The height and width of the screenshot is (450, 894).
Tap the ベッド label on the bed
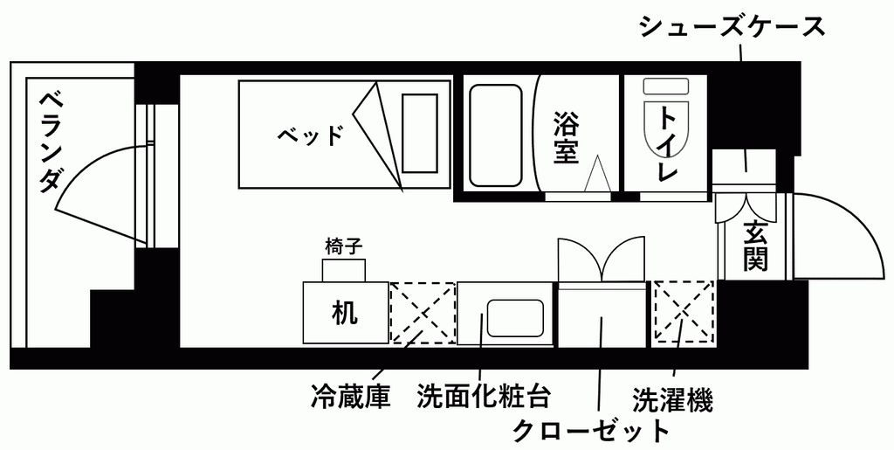coord(310,135)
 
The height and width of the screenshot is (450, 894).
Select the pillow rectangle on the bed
coord(419,133)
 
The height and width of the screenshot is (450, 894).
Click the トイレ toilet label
coord(667,143)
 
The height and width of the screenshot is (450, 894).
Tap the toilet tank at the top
coord(667,88)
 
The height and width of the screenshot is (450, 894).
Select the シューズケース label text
coord(732,27)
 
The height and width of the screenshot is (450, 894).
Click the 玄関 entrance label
coord(754,246)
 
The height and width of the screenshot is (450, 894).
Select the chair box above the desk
coord(343,270)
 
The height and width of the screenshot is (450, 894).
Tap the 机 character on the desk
coord(345,313)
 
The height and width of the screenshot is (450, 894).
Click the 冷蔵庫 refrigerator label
coord(349,398)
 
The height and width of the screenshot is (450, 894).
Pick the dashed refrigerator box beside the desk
coord(423,312)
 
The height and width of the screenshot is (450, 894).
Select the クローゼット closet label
coord(590,430)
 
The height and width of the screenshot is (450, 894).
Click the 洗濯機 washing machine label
coord(671,399)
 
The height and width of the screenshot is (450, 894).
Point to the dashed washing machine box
coord(684,312)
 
